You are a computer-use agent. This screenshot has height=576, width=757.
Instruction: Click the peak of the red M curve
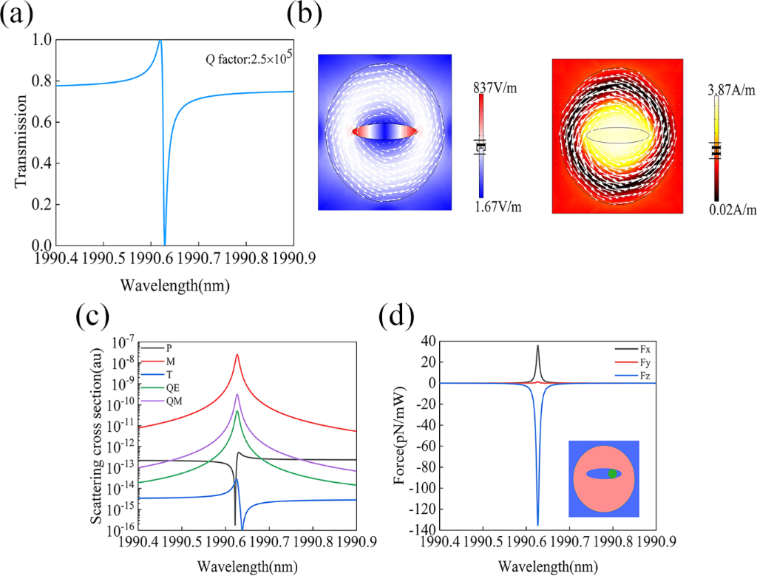click(x=237, y=355)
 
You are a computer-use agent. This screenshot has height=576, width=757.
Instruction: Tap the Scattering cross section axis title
click(x=97, y=436)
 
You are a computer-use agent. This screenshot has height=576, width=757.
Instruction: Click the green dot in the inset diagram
click(x=611, y=473)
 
